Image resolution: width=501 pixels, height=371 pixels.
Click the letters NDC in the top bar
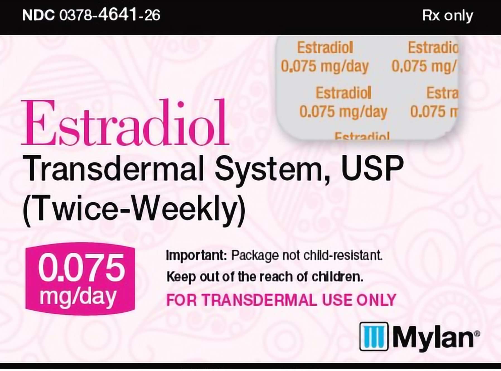[x=38, y=15]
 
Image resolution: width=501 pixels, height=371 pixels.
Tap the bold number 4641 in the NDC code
[x=118, y=15]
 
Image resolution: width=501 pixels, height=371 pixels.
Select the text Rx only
[x=447, y=15]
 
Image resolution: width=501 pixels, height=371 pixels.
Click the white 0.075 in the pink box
[x=81, y=268]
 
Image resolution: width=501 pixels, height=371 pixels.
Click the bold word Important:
[x=196, y=255]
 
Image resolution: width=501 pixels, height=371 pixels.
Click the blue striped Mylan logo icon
[x=374, y=336]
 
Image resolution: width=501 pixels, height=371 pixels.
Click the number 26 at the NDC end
[x=152, y=15]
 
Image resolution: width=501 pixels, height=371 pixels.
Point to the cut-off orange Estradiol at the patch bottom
[x=362, y=136]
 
